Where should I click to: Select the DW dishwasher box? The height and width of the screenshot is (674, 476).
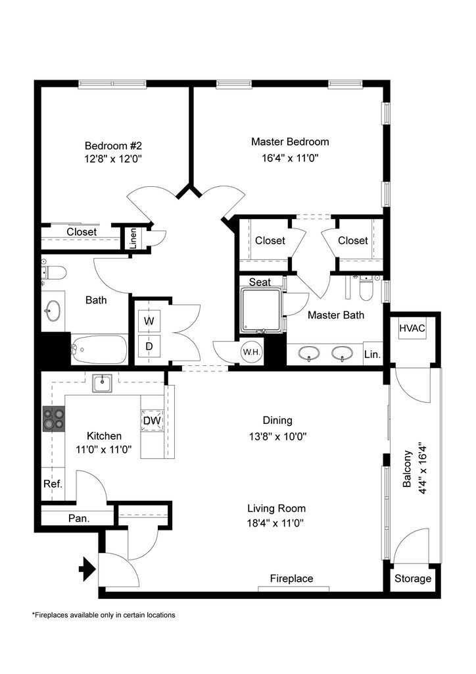(152, 421)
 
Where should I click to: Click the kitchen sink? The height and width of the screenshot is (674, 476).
(102, 383)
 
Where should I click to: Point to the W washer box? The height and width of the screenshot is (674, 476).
(149, 321)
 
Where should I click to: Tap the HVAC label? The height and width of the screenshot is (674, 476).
(412, 328)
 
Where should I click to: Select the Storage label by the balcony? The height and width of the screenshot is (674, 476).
(413, 579)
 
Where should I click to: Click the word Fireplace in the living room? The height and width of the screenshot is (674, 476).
(291, 579)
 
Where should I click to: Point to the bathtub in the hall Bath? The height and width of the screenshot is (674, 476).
(99, 350)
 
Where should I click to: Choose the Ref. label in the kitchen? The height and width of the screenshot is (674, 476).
(53, 484)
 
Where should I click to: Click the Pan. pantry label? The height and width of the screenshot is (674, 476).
(79, 518)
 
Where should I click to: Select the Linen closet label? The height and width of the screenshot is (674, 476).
(133, 238)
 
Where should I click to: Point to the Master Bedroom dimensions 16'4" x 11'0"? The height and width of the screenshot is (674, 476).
(290, 158)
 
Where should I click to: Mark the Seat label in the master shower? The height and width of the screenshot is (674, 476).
(260, 282)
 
